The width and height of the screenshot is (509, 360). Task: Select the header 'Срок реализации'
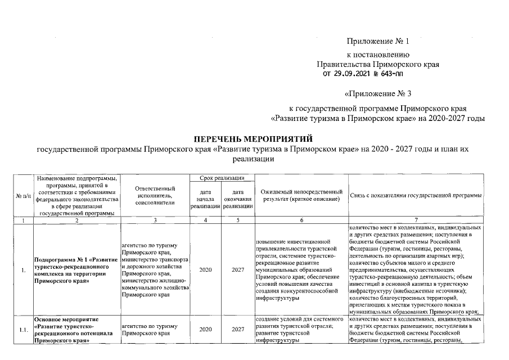222,178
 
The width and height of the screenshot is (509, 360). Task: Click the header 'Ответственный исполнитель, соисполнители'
155,195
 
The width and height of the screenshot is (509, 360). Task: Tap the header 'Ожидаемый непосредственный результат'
301,196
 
